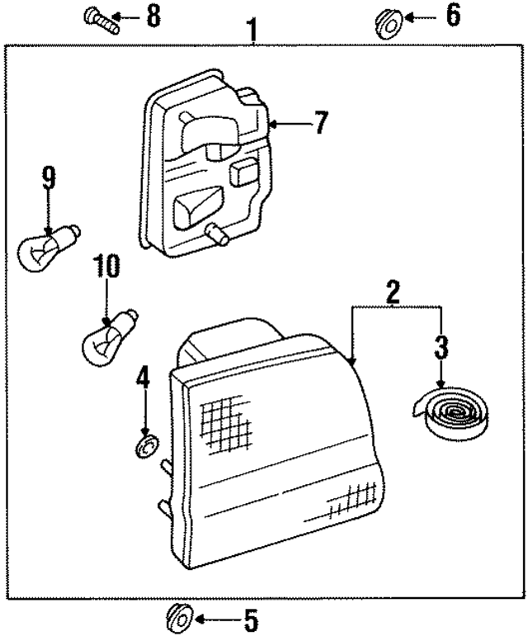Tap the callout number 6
[452, 16]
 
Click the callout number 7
[319, 124]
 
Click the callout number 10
[107, 268]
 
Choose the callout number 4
[144, 379]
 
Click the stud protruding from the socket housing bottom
[218, 236]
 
